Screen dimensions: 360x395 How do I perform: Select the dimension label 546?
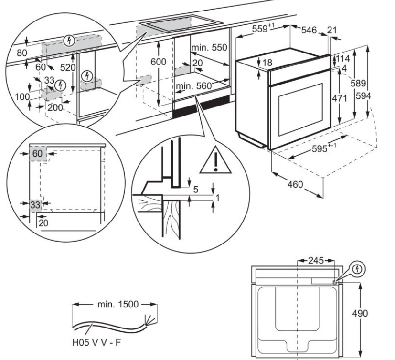pos(309,31)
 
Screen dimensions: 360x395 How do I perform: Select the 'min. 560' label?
pos(193,86)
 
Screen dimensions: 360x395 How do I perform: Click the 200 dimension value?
pos(55,107)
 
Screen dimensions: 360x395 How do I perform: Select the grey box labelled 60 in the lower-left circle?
pos(38,154)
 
